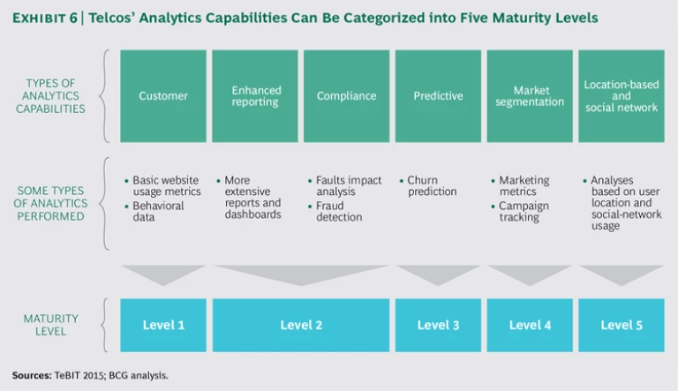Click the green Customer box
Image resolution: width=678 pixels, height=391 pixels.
163,95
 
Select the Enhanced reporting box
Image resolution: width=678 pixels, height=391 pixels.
256,95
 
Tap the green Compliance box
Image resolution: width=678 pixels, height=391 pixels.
346,95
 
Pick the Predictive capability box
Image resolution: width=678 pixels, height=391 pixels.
438,95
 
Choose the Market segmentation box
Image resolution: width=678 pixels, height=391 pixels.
530,95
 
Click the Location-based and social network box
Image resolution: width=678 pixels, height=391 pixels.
621,95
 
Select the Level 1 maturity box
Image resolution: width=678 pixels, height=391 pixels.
163,325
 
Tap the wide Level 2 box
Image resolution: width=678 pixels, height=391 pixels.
301,325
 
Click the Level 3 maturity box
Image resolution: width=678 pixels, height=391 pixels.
438,325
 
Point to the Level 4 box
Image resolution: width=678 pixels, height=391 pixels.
530,325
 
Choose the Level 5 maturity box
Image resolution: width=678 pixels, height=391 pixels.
621,325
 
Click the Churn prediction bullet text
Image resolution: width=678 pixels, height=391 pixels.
433,186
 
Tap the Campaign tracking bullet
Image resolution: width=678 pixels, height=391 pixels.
524,212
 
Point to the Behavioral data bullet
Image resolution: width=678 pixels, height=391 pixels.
158,212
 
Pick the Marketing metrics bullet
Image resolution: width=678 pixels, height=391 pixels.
524,186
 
